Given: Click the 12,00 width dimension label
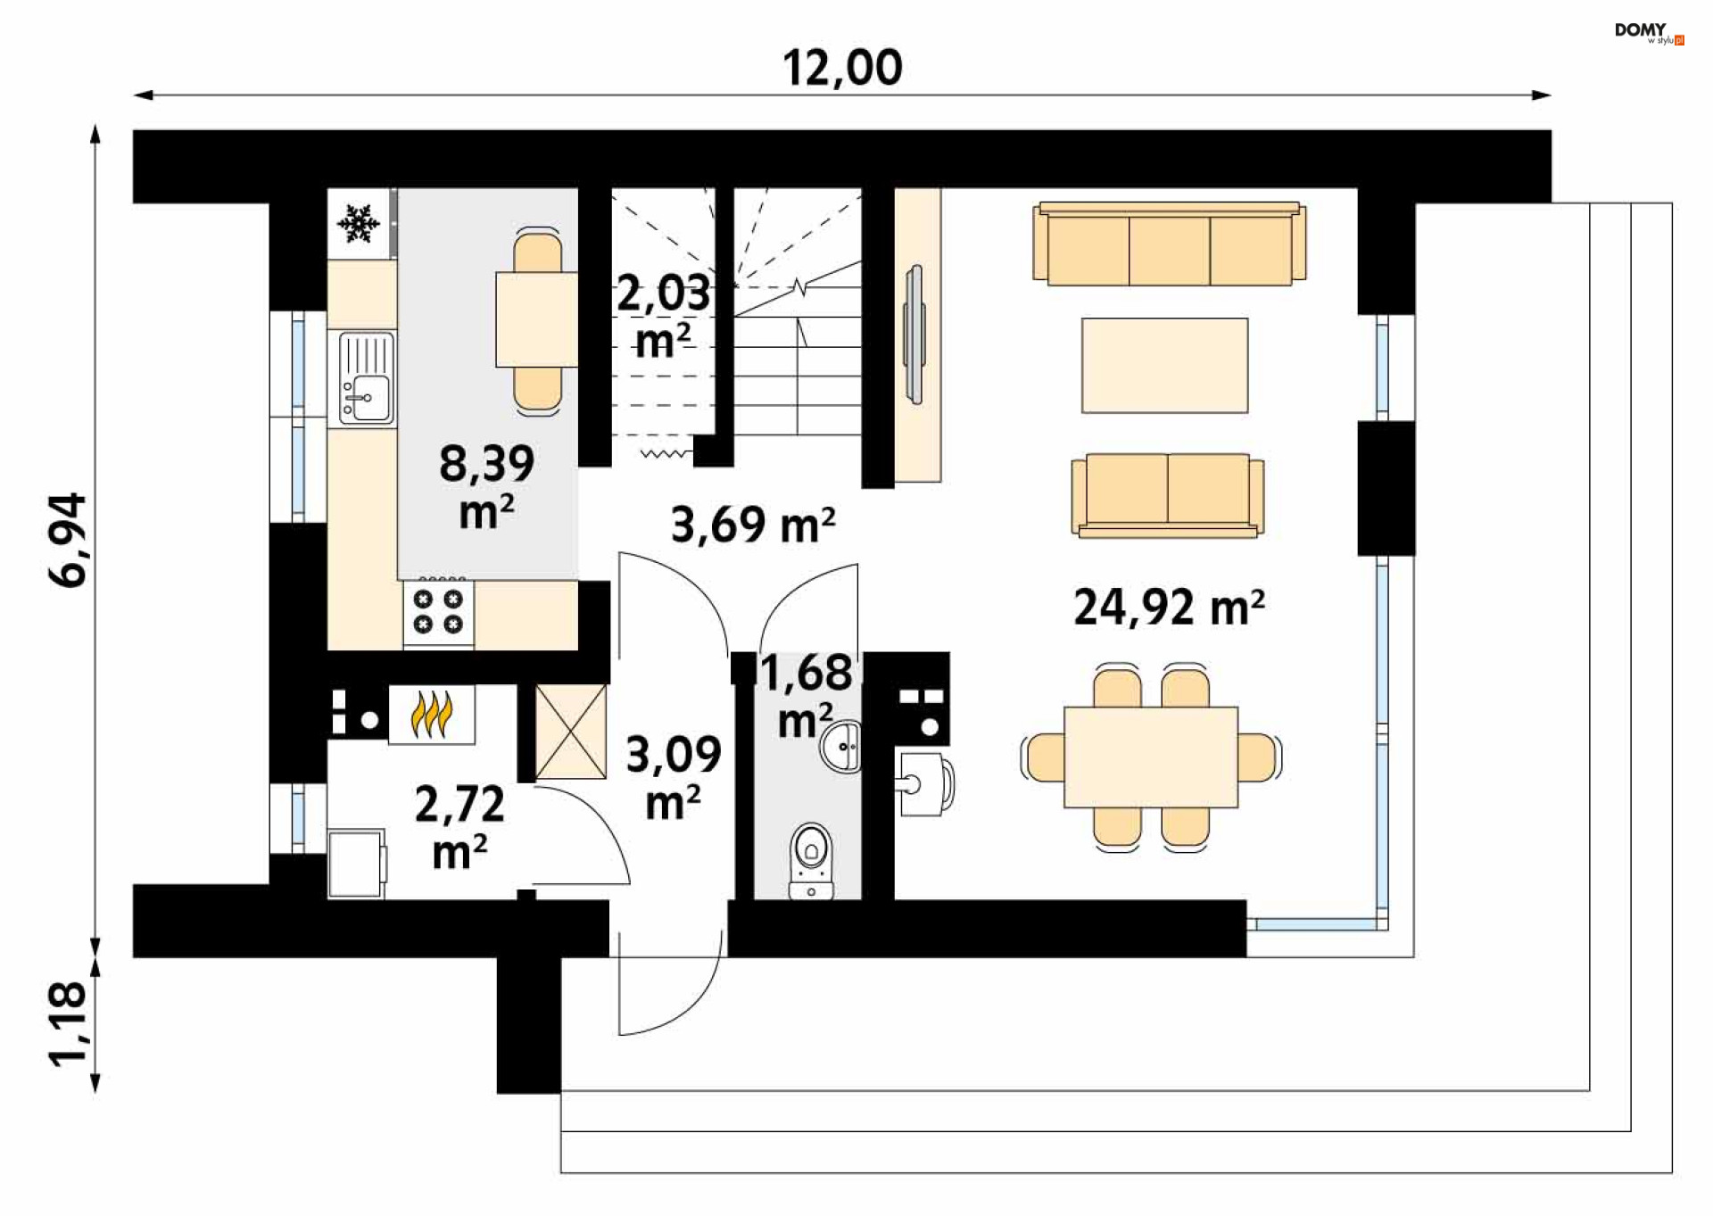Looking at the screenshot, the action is [842, 68].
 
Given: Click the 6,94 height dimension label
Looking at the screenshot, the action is [68, 540].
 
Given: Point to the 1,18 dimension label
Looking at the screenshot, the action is [68, 1024].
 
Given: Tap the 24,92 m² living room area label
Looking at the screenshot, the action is [1169, 608].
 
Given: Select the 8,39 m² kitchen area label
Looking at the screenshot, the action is [486, 487].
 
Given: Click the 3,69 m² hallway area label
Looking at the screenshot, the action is [753, 524].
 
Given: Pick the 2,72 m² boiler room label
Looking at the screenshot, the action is [459, 828].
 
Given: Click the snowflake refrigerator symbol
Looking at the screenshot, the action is [359, 223].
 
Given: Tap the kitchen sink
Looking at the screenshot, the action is [367, 378].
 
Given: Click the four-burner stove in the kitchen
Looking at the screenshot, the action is [438, 612].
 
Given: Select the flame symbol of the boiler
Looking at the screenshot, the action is [432, 715].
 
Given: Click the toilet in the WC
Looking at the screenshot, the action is [811, 860].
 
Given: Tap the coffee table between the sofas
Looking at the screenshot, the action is [1165, 366].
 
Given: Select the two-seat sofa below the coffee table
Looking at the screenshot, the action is [1168, 495].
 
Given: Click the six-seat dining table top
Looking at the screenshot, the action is [1151, 757].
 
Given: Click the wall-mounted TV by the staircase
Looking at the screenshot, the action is [914, 334].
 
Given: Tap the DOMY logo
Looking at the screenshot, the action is [1649, 32].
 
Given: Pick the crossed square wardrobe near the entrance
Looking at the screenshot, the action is [571, 732].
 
